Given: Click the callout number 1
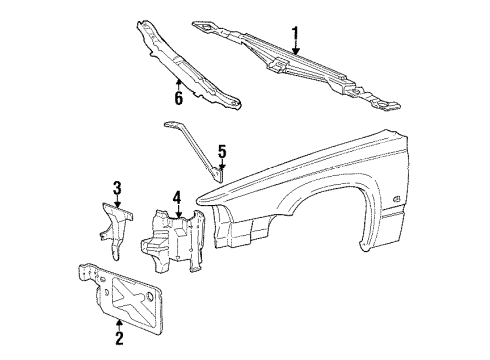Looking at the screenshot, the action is point(295,37).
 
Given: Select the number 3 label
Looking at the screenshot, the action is point(117,187).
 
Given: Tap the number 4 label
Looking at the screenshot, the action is point(176,197).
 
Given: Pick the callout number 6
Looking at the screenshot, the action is point(178,98).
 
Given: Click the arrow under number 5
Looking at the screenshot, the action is point(222,168).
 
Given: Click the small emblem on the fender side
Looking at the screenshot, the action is point(426,198).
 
